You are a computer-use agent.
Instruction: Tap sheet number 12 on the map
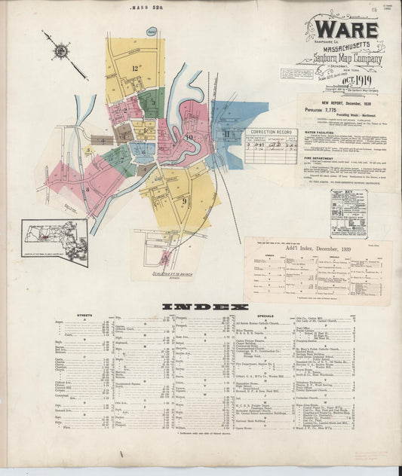[x=136, y=69]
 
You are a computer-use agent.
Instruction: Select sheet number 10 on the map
[x=190, y=138]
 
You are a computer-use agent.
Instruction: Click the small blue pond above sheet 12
[x=152, y=32]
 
